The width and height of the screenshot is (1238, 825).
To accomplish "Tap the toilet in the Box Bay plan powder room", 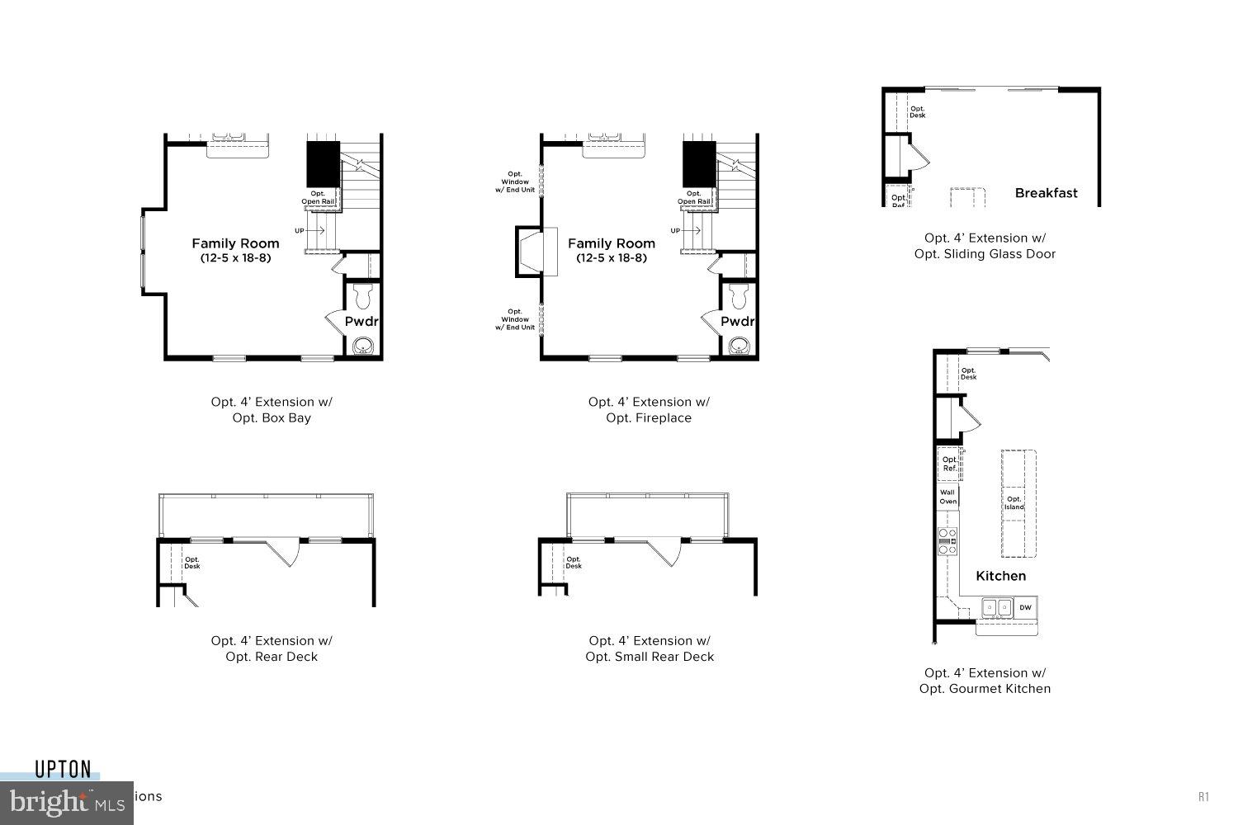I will pos(362,295).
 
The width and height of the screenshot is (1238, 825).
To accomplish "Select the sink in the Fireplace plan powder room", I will pos(739,345).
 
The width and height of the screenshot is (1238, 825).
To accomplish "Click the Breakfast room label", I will pos(1046,193).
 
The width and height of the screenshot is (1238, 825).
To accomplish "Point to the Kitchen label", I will pos(1000,576).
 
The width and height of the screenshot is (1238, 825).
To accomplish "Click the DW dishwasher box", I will pos(1025,608).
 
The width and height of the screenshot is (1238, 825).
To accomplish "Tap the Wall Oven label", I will pos(947,497).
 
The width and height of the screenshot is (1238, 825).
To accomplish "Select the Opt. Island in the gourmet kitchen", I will pos(1014,503).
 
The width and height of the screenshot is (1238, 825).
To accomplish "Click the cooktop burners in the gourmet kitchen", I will pos(947,541).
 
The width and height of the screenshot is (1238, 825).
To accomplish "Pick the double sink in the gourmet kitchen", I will pos(997,608).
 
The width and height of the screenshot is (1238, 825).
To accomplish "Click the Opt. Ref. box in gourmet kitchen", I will pos(949,464).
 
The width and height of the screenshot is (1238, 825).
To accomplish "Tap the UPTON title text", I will pos(63,770).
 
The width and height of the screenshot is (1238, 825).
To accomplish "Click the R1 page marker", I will pos(1203,796).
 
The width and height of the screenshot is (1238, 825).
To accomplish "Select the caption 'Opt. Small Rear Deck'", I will pos(650,657).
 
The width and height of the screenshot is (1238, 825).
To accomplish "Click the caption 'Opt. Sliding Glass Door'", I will pos(985,254).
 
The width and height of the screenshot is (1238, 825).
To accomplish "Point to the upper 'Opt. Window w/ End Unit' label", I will pos(515,182).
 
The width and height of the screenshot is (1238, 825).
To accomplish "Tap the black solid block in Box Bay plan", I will pos(324,164).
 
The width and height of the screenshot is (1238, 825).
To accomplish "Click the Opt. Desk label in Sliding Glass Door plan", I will pos(917,112).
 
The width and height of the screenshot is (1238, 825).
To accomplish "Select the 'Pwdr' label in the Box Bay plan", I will pos(361,322).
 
